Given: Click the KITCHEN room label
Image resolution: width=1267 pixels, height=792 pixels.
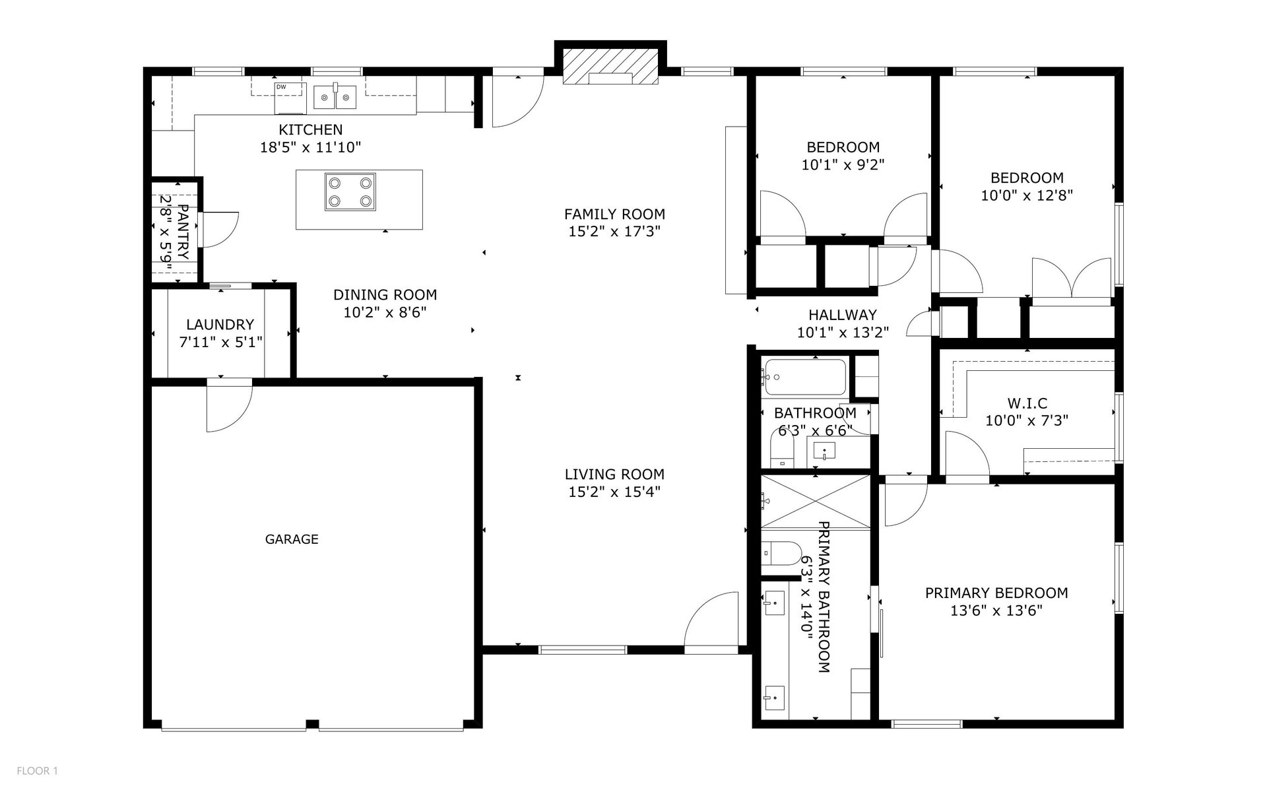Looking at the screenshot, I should (x=310, y=130).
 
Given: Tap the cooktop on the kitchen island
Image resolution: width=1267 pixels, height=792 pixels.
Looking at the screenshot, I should (x=350, y=191).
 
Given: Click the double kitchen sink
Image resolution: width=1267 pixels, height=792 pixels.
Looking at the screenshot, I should (x=335, y=97).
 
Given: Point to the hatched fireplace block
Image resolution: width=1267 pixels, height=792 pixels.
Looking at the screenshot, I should (x=610, y=67).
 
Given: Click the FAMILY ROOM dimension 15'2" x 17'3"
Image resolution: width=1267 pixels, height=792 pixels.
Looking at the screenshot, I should (x=614, y=232).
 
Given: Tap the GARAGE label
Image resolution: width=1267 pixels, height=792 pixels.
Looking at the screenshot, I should (x=292, y=539).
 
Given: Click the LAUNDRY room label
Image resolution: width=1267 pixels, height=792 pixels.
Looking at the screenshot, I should (x=220, y=325).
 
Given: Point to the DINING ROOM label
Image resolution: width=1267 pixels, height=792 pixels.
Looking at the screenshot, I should (x=385, y=295).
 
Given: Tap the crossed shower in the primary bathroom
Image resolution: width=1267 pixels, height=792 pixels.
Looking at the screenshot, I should (x=816, y=502).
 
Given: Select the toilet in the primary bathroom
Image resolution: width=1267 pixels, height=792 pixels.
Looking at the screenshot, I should (x=779, y=553).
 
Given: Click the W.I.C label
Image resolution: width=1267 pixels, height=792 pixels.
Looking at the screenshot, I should (x=1027, y=403).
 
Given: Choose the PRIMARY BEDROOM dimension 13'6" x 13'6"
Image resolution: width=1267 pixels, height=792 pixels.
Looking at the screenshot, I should (x=996, y=610).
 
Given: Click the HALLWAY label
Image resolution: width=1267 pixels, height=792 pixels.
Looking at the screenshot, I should (x=843, y=315).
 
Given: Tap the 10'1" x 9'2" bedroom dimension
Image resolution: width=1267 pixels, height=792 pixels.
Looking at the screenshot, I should (x=843, y=165).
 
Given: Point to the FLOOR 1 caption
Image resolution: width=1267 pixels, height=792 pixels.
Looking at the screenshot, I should (x=38, y=771).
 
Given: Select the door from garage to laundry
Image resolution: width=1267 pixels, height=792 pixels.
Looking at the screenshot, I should (x=228, y=406).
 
